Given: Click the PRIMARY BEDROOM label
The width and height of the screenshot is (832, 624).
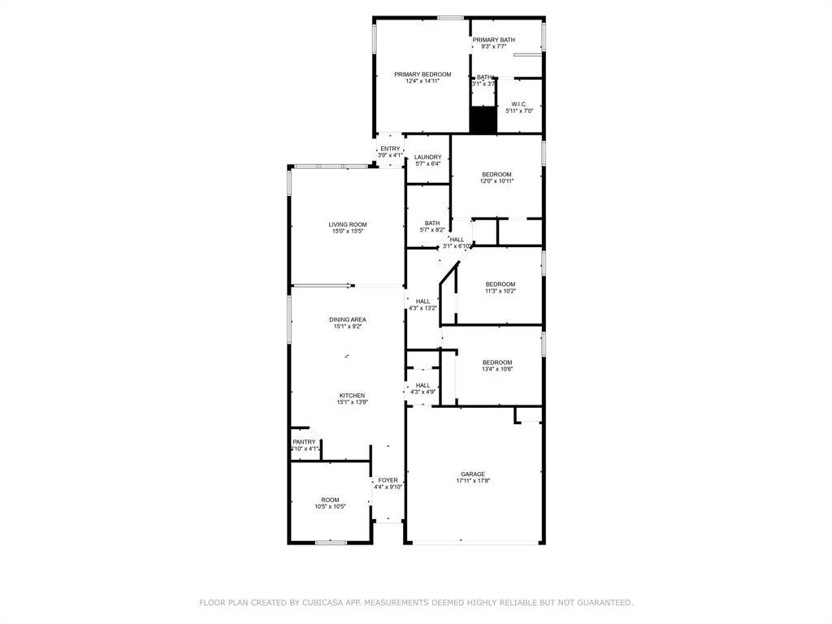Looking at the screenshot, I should [x=422, y=74].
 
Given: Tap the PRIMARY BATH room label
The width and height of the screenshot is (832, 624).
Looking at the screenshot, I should [x=494, y=40].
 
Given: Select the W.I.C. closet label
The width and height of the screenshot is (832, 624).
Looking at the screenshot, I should [x=518, y=104].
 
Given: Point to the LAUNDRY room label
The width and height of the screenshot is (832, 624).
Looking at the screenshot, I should [x=427, y=157].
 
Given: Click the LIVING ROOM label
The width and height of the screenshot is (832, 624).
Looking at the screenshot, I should [x=348, y=224].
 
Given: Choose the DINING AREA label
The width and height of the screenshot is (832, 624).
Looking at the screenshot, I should [x=348, y=319].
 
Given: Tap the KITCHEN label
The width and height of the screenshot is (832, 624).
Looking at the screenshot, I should [x=352, y=396].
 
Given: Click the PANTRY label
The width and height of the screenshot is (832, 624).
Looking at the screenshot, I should [x=305, y=442].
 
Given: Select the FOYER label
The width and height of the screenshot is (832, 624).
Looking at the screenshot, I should [x=388, y=480].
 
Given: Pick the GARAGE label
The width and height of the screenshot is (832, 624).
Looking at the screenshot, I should [x=473, y=474].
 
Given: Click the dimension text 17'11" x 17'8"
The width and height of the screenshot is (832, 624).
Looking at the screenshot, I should [x=473, y=481].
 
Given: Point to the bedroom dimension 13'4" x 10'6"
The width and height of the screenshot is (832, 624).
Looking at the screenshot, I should [x=497, y=369].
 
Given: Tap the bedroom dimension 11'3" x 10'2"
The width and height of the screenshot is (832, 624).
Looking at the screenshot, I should [x=500, y=291].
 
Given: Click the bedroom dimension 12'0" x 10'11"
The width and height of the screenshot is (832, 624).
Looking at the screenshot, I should [x=497, y=181].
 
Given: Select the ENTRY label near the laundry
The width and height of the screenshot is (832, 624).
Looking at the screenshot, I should [x=390, y=149].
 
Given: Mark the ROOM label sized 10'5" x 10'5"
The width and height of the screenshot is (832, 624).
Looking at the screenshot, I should [x=330, y=500].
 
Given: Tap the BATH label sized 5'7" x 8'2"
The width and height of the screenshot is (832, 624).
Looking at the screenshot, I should [x=432, y=223].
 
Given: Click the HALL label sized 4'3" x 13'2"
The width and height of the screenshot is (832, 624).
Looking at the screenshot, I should [x=422, y=301].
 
